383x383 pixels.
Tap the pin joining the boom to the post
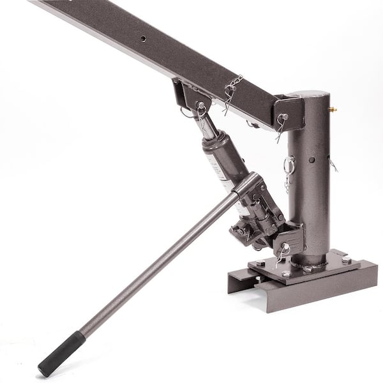pos(284,117)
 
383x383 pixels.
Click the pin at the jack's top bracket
pos(201,106)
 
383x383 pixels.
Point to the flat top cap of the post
pos(310,96)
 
